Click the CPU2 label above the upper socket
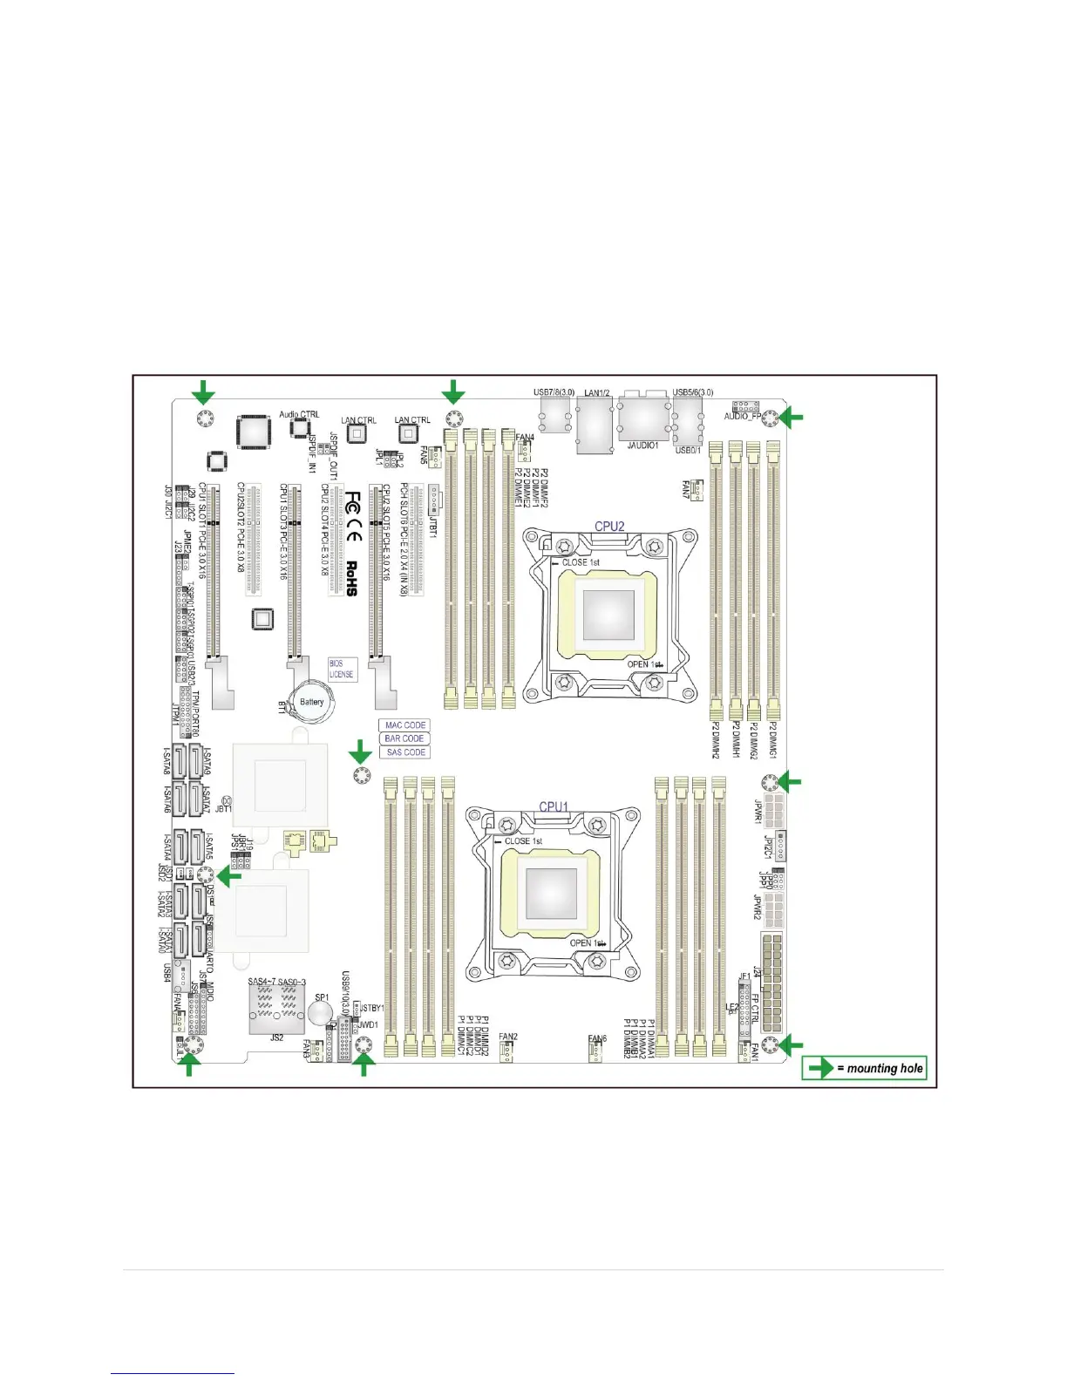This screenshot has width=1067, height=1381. click(x=609, y=526)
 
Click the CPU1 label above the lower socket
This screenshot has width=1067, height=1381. click(x=554, y=806)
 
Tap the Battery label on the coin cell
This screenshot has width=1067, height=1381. click(x=311, y=702)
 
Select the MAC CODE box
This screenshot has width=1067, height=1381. click(x=404, y=725)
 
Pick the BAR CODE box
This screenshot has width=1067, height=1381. click(x=404, y=738)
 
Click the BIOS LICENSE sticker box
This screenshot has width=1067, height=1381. click(x=342, y=669)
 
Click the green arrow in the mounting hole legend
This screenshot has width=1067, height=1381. click(x=820, y=1068)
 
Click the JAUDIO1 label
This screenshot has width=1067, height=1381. click(x=642, y=446)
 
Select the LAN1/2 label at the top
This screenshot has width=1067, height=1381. click(x=597, y=393)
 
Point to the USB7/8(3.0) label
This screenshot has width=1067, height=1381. click(x=554, y=392)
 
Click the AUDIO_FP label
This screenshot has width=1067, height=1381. click(x=742, y=417)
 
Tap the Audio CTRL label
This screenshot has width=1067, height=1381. click(x=299, y=414)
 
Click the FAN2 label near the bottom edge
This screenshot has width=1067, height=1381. click(x=508, y=1037)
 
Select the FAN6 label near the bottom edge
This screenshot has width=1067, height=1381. click(x=597, y=1038)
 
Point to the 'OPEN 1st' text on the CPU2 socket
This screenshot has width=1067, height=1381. click(x=645, y=664)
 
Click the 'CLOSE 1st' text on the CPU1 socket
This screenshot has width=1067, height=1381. click(x=523, y=841)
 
